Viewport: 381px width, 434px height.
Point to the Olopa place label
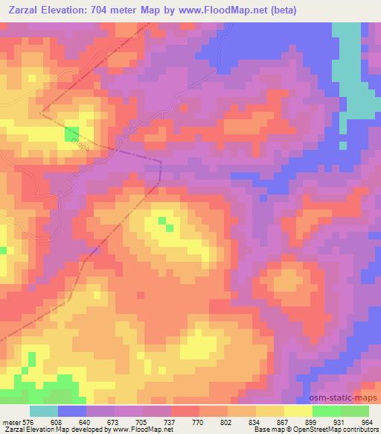tap(82, 148)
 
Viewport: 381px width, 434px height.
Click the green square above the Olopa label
tap(72, 134)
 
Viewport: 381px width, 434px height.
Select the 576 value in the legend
tap(28, 421)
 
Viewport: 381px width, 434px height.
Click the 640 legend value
tap(87, 421)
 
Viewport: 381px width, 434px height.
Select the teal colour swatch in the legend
tap(44, 411)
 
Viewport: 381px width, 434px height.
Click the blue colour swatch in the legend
tap(72, 411)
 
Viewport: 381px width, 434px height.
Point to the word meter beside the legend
tap(10, 421)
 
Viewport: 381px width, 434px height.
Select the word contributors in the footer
tap(361, 430)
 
